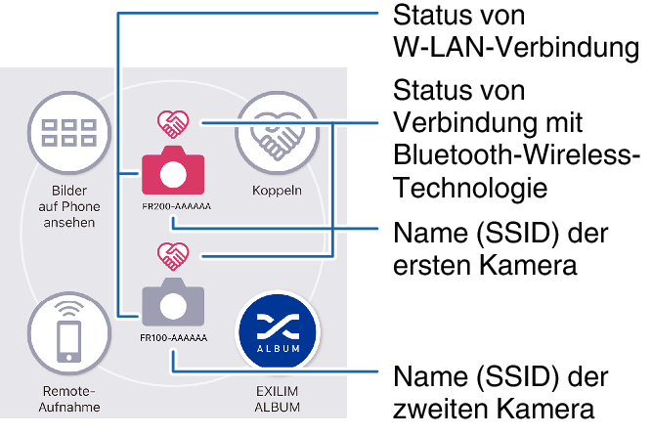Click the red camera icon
click(x=173, y=172)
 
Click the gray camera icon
click(x=173, y=303)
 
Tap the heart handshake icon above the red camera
click(x=174, y=124)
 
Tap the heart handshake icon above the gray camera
click(x=174, y=256)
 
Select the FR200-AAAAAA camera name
click(x=176, y=206)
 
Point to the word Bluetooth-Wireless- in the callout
click(x=516, y=155)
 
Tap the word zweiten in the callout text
click(x=446, y=408)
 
